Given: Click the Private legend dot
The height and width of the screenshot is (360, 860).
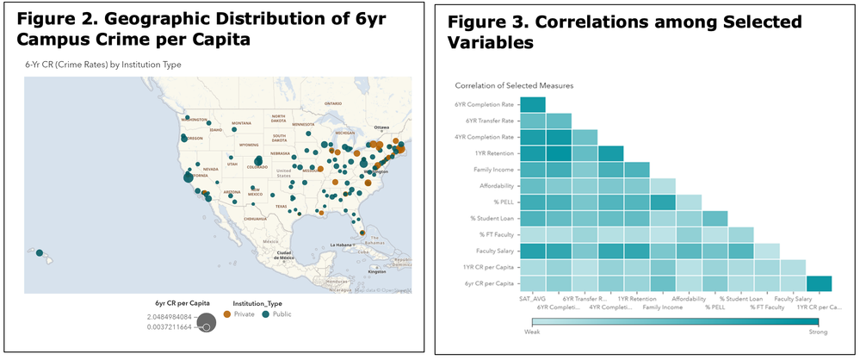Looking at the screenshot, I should click(x=227, y=315).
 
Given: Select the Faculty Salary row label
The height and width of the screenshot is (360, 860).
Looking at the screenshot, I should click(x=492, y=250).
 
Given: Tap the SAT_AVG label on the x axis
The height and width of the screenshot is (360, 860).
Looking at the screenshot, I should click(x=531, y=299).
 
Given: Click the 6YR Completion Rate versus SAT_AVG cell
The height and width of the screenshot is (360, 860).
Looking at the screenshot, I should click(x=532, y=105).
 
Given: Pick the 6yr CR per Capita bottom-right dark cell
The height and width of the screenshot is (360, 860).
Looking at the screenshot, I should click(x=820, y=282).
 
